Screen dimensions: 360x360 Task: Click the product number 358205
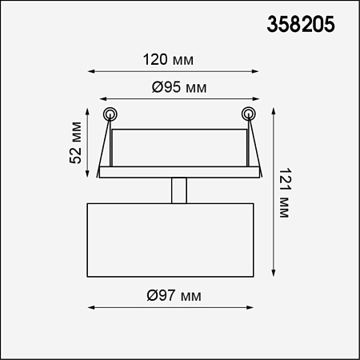[301, 24]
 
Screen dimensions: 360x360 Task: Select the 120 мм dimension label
[168, 59]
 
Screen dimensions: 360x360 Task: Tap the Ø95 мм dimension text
[179, 87]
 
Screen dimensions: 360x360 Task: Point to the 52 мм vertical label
[75, 142]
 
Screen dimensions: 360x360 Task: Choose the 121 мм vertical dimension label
[285, 193]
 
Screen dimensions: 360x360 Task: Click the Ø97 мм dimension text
[174, 295]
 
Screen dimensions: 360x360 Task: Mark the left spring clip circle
[110, 114]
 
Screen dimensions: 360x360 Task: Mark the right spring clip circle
[249, 114]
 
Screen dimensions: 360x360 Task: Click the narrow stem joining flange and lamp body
[179, 190]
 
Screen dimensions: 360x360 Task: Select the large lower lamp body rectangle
[170, 240]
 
